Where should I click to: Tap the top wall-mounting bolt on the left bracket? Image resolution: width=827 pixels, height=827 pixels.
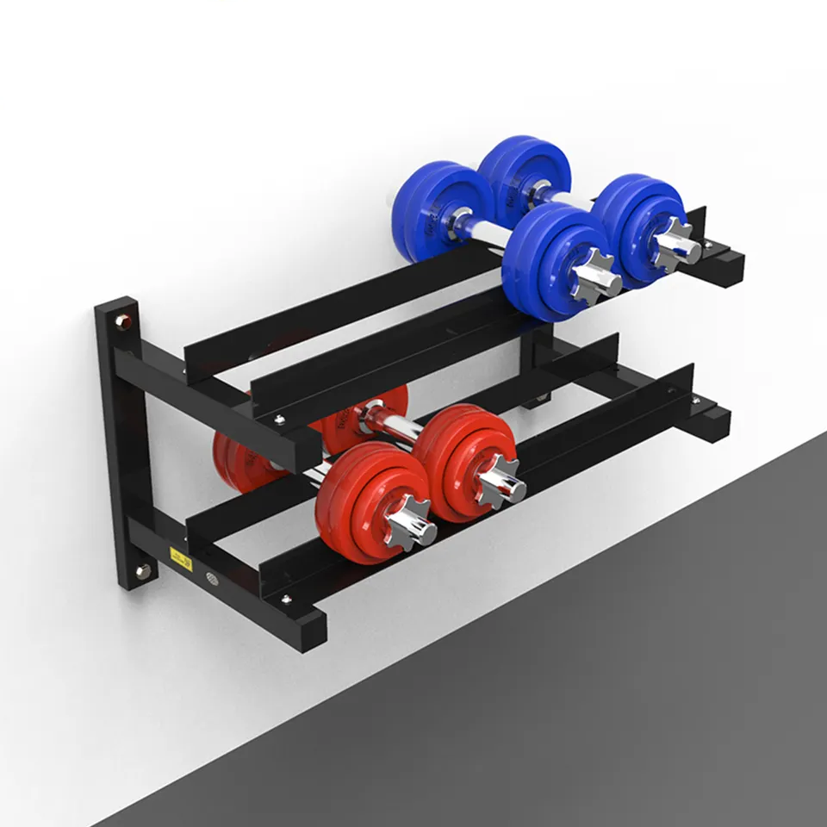coord(122,322)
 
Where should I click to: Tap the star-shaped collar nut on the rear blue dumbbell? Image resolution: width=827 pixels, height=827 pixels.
coord(675,246)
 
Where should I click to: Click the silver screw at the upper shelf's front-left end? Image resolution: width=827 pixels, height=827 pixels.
coord(279,420)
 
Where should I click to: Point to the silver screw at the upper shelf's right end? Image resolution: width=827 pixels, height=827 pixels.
coord(708,245)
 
